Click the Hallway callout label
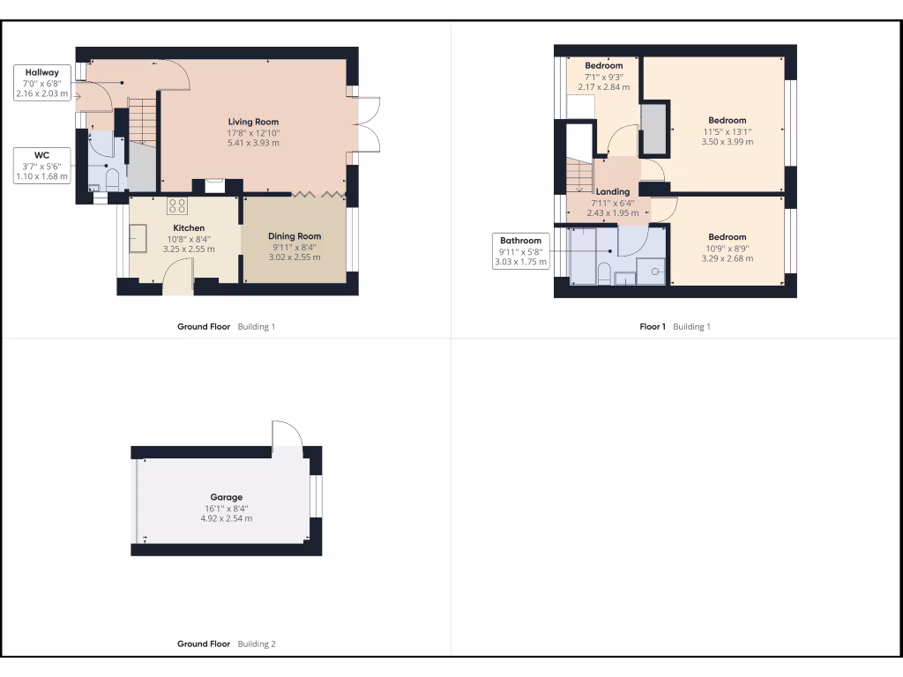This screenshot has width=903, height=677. pyautogui.click(x=42, y=82)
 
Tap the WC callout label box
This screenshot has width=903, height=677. pyautogui.click(x=42, y=166)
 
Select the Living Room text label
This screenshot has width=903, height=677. pyautogui.click(x=254, y=122)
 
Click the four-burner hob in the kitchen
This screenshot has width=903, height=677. pyautogui.click(x=177, y=206)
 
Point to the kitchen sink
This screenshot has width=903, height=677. pyautogui.click(x=139, y=237)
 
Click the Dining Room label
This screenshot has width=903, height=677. pyautogui.click(x=295, y=236)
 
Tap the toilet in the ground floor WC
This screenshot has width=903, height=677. pyautogui.click(x=112, y=180)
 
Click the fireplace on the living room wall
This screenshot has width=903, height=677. pyautogui.click(x=214, y=185)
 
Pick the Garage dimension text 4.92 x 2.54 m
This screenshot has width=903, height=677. pyautogui.click(x=226, y=518)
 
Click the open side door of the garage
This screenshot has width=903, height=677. pyautogui.click(x=287, y=436)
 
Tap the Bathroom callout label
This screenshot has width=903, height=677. pyautogui.click(x=520, y=251)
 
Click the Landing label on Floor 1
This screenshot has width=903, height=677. pyautogui.click(x=613, y=191)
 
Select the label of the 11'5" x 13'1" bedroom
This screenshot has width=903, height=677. pyautogui.click(x=728, y=120)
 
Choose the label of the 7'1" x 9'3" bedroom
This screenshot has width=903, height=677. pyautogui.click(x=604, y=66)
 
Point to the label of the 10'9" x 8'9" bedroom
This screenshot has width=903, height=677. pyautogui.click(x=728, y=237)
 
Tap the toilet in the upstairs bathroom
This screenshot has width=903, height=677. pyautogui.click(x=605, y=272)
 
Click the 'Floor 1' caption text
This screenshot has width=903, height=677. pyautogui.click(x=653, y=327)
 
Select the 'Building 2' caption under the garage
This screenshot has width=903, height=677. pyautogui.click(x=257, y=644)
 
